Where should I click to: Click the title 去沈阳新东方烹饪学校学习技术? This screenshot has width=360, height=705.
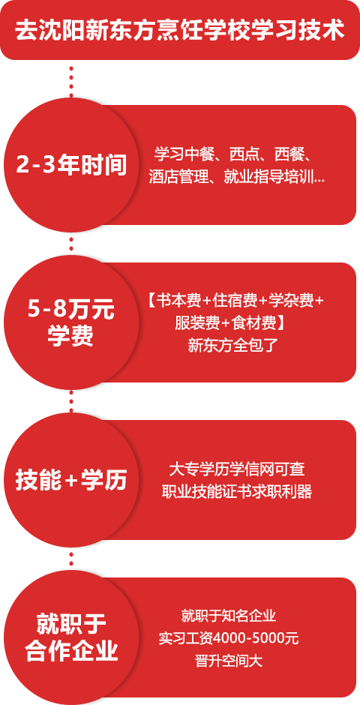[180, 31]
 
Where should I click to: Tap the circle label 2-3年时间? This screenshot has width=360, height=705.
[71, 166]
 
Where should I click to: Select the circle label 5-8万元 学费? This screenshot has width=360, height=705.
[71, 322]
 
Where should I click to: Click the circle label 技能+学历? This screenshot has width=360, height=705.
[71, 481]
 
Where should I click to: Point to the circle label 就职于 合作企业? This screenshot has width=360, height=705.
[71, 637]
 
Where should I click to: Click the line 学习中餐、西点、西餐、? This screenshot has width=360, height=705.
[234, 154]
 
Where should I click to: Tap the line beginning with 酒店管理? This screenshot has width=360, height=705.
[236, 177]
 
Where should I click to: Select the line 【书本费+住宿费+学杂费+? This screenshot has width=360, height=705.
[235, 301]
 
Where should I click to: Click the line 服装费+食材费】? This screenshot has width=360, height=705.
[232, 323]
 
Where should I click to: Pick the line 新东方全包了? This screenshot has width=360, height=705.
[232, 345]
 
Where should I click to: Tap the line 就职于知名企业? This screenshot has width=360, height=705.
[228, 616]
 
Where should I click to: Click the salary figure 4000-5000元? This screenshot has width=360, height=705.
[256, 638]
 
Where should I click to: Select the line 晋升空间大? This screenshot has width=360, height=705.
[229, 661]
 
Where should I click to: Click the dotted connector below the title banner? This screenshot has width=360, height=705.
[71, 82]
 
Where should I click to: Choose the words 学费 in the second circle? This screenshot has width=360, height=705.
[71, 335]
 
